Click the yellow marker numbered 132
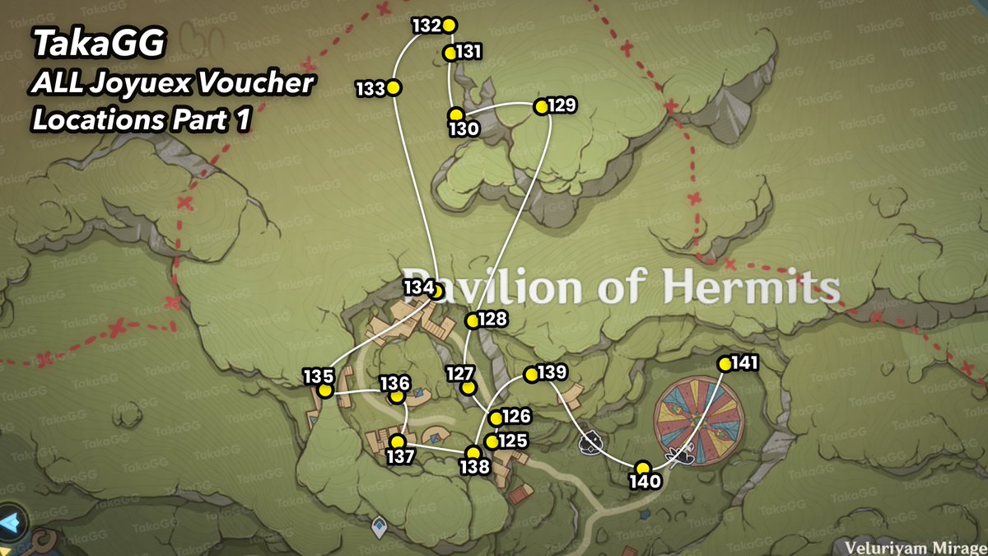coord(449,26)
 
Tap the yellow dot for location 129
coord(541,107)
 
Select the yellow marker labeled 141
coord(725,364)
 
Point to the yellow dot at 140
coord(643,468)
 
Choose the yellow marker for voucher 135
coord(325,391)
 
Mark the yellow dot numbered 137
coord(398,442)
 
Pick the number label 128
coord(492,320)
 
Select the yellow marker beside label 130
coord(454,115)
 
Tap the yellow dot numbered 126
coord(496,419)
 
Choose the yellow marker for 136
coord(397,396)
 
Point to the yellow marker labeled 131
coord(450,54)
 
